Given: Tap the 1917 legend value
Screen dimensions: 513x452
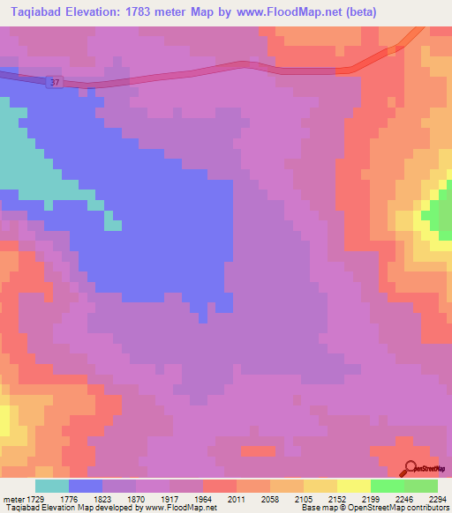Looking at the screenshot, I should (169, 499).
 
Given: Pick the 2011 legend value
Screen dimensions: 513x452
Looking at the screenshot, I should (236, 499).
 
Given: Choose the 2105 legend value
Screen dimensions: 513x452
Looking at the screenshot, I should (303, 499).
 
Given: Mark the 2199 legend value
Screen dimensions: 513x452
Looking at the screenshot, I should (370, 499).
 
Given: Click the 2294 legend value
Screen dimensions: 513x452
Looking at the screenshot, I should (437, 499).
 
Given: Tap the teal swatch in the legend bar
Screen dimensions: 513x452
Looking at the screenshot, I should (52, 486).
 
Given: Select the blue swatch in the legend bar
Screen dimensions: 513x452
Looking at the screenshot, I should (86, 486).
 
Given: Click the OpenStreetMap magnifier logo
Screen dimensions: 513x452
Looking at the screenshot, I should (409, 468).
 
